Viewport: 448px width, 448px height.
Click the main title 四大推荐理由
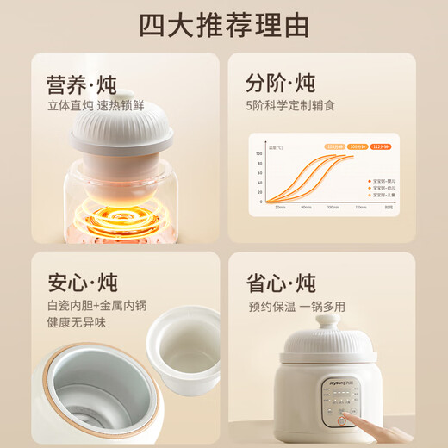224,26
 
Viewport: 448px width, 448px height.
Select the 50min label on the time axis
280,207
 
